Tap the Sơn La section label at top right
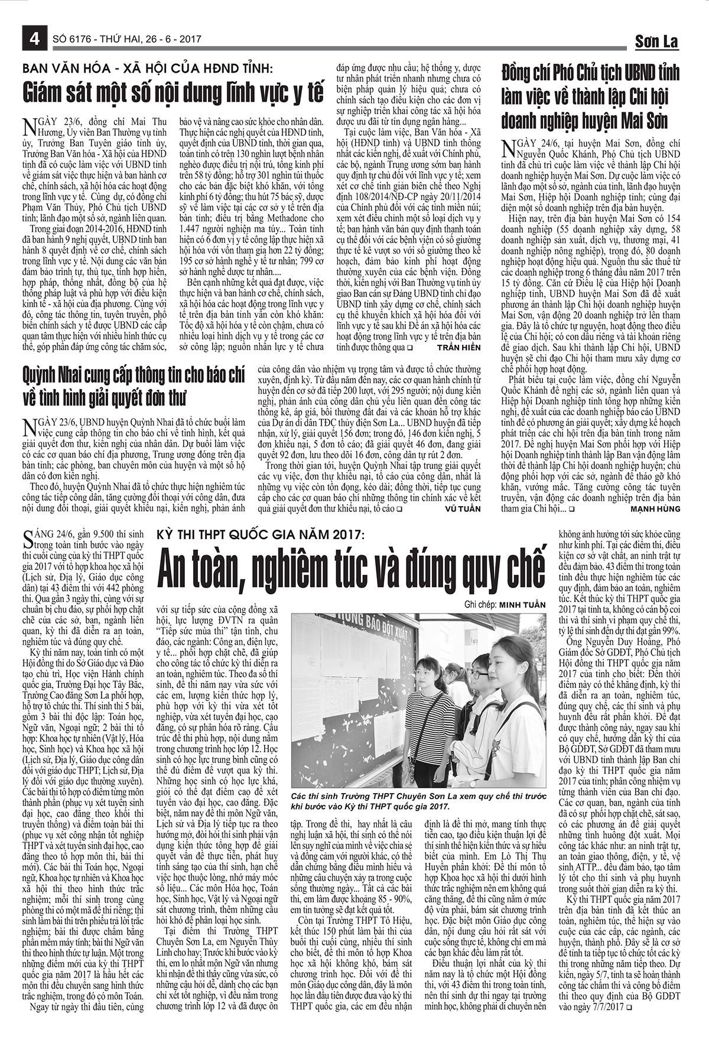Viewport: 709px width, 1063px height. [x=656, y=41]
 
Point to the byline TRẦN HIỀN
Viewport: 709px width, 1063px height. [x=459, y=348]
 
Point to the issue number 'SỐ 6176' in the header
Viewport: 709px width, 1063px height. [x=73, y=40]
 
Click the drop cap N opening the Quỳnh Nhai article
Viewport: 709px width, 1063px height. [x=26, y=428]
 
